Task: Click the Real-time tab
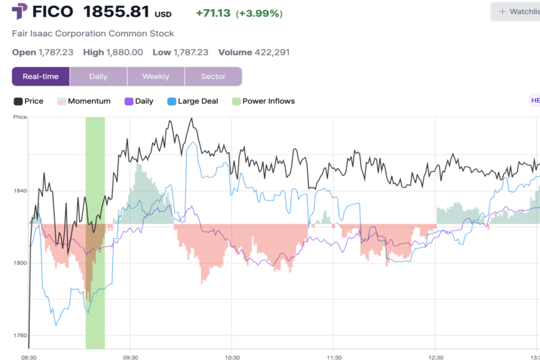click(41, 76)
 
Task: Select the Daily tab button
click(98, 76)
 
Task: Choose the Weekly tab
click(156, 76)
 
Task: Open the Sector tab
click(213, 76)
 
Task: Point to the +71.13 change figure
click(213, 13)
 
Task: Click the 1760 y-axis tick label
click(20, 335)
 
